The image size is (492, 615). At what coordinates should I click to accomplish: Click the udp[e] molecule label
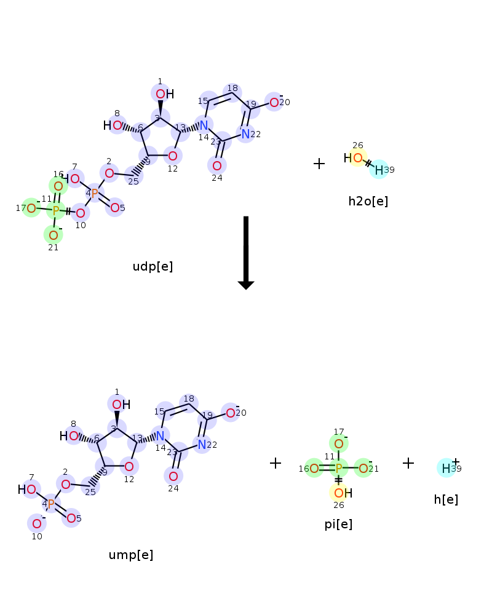pyautogui.click(x=153, y=267)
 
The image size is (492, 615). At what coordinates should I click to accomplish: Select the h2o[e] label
pyautogui.click(x=368, y=201)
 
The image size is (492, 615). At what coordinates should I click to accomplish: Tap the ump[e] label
pyautogui.click(x=130, y=555)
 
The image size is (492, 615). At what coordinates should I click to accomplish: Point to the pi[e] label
pyautogui.click(x=338, y=525)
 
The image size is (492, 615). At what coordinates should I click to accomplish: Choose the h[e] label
pyautogui.click(x=446, y=499)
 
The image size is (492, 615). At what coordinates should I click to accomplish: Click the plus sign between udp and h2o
pyautogui.click(x=319, y=164)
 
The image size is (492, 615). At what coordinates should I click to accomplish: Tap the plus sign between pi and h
pyautogui.click(x=408, y=463)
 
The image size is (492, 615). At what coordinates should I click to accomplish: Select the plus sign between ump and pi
pyautogui.click(x=276, y=463)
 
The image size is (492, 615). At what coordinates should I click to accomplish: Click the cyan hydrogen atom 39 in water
pyautogui.click(x=379, y=170)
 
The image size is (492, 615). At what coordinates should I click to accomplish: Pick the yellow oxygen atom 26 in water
pyautogui.click(x=358, y=157)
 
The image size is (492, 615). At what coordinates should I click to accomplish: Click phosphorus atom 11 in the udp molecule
pyautogui.click(x=56, y=210)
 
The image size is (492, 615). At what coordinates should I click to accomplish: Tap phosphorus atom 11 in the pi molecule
pyautogui.click(x=339, y=468)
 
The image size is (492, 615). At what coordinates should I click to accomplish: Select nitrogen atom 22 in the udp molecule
pyautogui.click(x=245, y=133)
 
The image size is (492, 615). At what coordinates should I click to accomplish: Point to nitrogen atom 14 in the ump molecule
pyautogui.click(x=160, y=436)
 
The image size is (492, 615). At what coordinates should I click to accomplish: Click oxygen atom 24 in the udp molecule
pyautogui.click(x=217, y=165)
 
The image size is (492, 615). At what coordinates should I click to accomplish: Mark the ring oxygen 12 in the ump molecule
pyautogui.click(x=129, y=466)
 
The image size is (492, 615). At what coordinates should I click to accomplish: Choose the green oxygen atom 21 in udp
pyautogui.click(x=54, y=235)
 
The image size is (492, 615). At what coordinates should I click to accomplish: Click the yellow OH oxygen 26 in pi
pyautogui.click(x=339, y=493)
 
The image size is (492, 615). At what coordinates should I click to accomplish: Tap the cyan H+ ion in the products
pyautogui.click(x=446, y=468)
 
